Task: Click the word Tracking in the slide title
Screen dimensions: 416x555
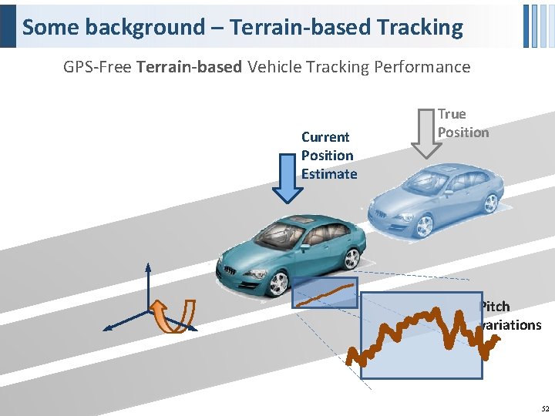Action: pos(420,28)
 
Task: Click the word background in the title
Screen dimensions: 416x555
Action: pos(146,28)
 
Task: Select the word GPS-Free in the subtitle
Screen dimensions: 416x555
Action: pos(97,67)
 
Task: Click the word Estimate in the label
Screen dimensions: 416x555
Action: pos(329,174)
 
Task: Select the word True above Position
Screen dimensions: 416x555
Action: pos(452,114)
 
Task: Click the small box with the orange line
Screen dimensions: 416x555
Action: pos(325,293)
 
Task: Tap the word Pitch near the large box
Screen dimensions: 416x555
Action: pos(494,307)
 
